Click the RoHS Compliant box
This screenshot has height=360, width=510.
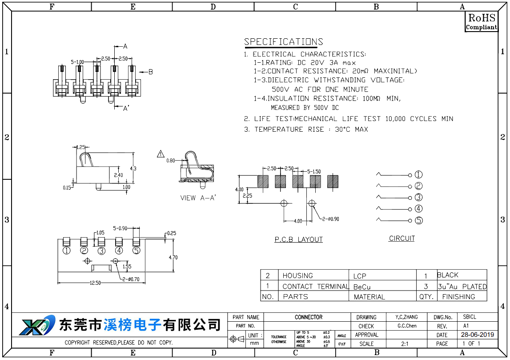(481, 21)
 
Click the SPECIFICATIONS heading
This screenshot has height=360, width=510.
(283, 42)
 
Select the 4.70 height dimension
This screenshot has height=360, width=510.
(173, 257)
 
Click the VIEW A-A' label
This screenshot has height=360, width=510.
(198, 198)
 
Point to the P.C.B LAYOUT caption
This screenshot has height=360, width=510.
(298, 239)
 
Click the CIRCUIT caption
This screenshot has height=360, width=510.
(402, 239)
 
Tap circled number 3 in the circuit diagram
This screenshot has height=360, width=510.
(418, 198)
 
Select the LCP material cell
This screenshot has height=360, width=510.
(360, 276)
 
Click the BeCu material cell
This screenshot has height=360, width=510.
(362, 287)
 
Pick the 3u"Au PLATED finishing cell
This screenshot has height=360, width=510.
(462, 287)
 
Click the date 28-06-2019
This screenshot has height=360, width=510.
(477, 335)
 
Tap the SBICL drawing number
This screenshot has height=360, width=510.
(470, 317)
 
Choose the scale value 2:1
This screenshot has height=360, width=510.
(405, 344)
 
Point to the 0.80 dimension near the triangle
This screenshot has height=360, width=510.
(170, 160)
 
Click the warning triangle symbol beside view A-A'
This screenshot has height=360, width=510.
(161, 154)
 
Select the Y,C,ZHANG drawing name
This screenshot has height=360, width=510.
(407, 317)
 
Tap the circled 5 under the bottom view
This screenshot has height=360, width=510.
(136, 251)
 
